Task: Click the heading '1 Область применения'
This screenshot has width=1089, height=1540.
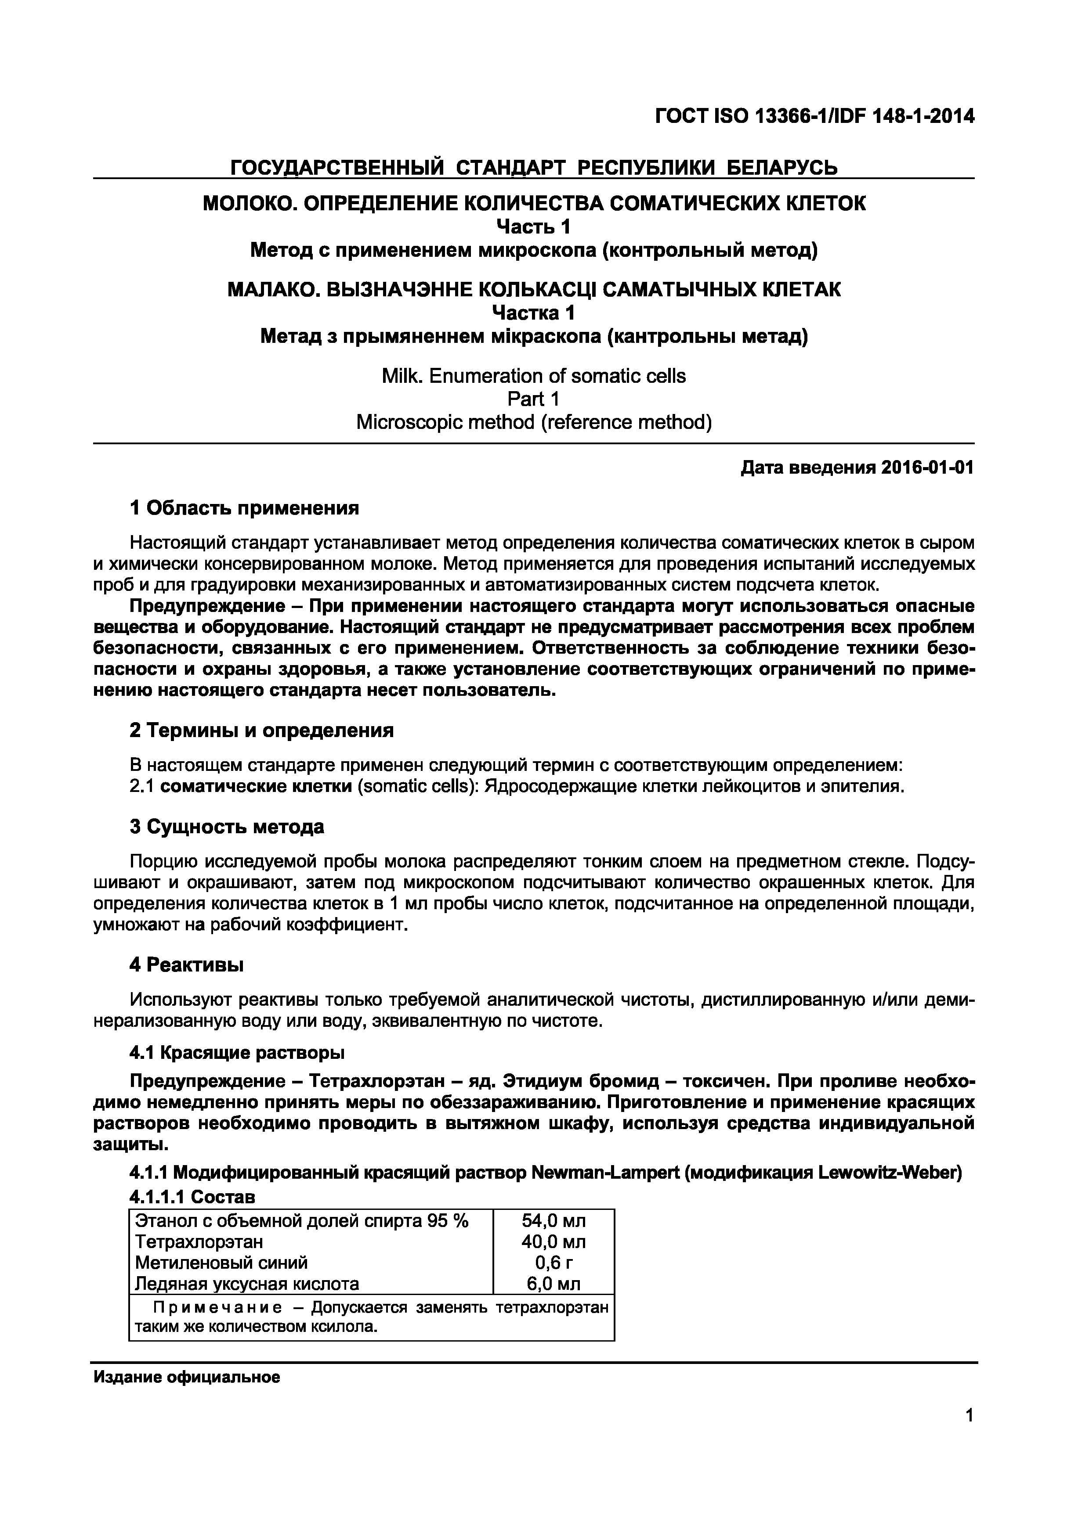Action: [x=244, y=508]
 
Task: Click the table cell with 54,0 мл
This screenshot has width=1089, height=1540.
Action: [x=554, y=1221]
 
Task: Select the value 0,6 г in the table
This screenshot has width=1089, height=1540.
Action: [x=554, y=1263]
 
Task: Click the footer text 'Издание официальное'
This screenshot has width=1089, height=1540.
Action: [x=187, y=1378]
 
